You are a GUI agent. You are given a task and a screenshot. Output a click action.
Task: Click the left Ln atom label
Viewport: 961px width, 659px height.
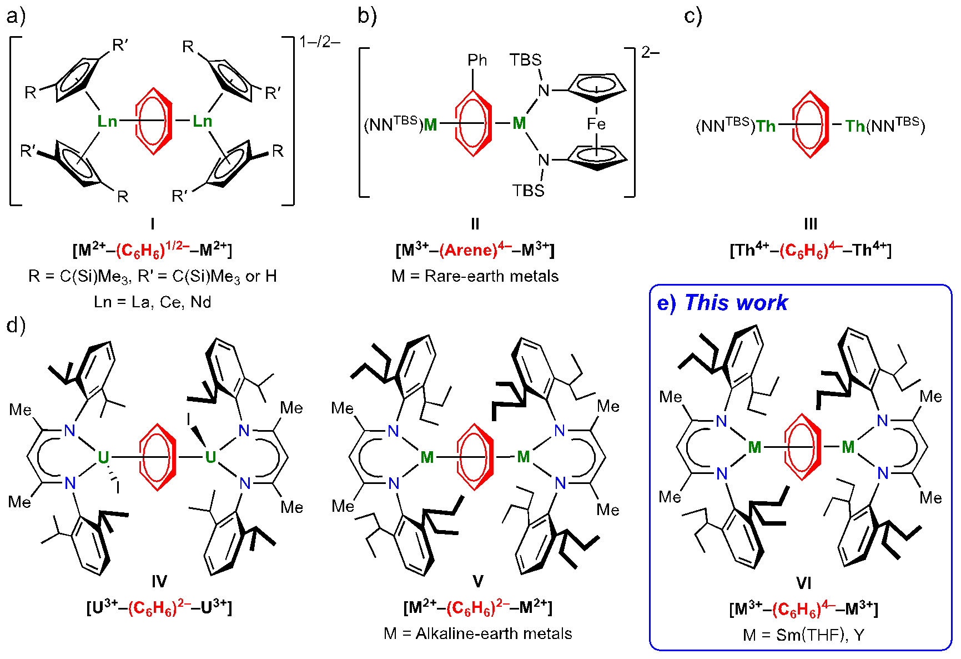(107, 121)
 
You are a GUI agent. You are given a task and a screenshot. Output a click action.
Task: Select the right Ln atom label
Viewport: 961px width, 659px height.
(202, 121)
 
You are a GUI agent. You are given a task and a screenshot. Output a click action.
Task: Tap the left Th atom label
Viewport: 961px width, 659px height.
(765, 126)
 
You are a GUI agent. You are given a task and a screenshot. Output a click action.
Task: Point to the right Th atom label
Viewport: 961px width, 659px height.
(855, 126)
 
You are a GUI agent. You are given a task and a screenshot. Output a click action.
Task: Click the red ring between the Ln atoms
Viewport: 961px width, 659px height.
(153, 121)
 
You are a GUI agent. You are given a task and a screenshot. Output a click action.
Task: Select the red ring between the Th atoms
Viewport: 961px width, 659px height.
(810, 124)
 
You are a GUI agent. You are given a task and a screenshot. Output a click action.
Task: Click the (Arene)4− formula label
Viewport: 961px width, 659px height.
(475, 249)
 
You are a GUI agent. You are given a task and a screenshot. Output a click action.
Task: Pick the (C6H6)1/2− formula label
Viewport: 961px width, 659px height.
(153, 249)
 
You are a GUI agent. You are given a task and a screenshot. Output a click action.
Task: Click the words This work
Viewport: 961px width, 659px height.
(736, 303)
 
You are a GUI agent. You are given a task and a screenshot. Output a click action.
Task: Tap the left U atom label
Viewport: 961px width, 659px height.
(103, 457)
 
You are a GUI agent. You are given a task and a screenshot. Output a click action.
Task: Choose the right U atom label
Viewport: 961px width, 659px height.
(210, 457)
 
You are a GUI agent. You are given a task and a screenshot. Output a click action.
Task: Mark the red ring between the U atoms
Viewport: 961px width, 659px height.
(158, 457)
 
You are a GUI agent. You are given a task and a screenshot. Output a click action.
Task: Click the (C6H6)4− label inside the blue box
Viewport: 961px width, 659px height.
(803, 609)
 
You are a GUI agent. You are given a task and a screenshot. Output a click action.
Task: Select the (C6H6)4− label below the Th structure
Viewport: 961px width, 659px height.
(811, 250)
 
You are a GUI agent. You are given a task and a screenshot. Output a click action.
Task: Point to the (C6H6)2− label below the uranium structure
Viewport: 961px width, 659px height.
(159, 608)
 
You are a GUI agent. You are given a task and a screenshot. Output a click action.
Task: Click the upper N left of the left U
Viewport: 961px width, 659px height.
(69, 431)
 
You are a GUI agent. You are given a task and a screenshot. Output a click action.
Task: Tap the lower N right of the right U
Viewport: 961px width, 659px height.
(245, 483)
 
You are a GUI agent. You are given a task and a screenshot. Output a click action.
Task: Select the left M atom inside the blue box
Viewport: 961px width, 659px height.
(754, 447)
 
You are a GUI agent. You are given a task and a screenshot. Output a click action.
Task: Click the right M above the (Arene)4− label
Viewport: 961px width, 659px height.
(519, 123)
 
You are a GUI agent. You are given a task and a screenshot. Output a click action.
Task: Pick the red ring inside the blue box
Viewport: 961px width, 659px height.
(802, 447)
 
